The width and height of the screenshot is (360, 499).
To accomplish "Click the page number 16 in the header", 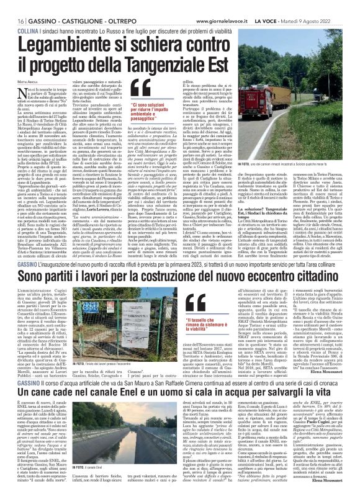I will (13, 5).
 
